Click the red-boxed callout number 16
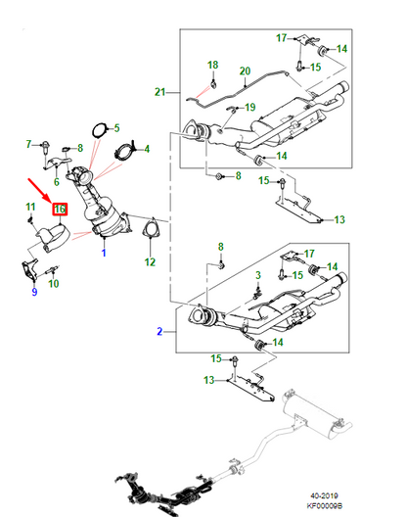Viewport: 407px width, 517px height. pyautogui.click(x=60, y=209)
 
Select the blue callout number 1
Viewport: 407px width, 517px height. pyautogui.click(x=104, y=253)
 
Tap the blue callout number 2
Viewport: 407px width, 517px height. pyautogui.click(x=160, y=333)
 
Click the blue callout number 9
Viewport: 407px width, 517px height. pyautogui.click(x=33, y=291)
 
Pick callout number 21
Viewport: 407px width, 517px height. pyautogui.click(x=160, y=92)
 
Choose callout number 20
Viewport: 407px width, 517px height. pyautogui.click(x=245, y=70)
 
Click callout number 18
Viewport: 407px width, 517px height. pyautogui.click(x=212, y=66)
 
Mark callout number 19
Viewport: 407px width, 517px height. pyautogui.click(x=249, y=107)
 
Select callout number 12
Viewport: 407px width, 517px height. pyautogui.click(x=150, y=261)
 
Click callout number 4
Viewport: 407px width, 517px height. pyautogui.click(x=146, y=149)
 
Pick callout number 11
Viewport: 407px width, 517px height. pyautogui.click(x=30, y=207)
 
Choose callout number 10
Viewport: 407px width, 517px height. pyautogui.click(x=54, y=284)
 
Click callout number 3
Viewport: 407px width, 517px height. pyautogui.click(x=257, y=277)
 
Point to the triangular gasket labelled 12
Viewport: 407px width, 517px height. pyautogui.click(x=150, y=232)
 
